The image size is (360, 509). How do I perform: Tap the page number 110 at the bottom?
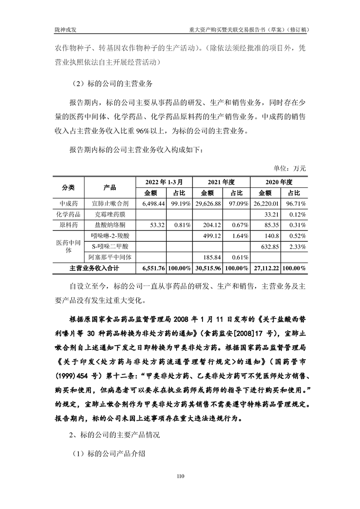pyautogui.click(x=180, y=476)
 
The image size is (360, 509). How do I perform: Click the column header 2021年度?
pyautogui.click(x=221, y=181)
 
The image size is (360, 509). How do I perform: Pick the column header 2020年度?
pyautogui.click(x=278, y=181)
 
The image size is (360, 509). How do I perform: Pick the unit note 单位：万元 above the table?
pyautogui.click(x=290, y=168)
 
